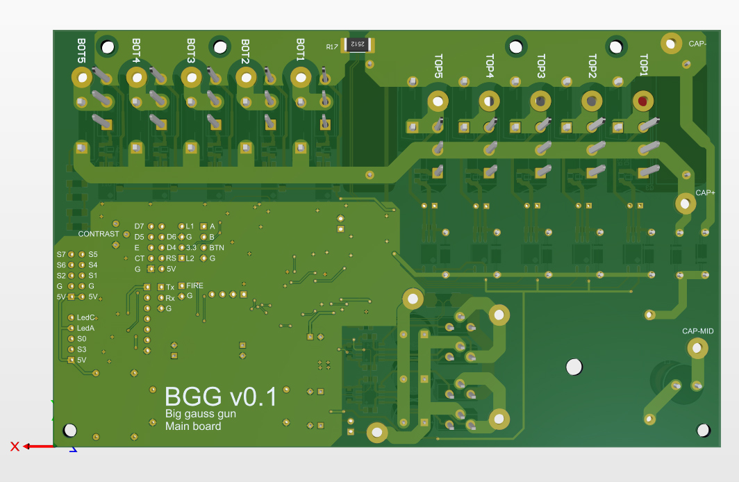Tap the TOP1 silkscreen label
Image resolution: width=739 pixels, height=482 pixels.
[644, 66]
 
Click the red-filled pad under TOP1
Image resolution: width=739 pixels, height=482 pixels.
[642, 102]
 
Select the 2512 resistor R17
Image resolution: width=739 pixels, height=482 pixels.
[356, 44]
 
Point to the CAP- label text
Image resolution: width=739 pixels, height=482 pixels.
[698, 44]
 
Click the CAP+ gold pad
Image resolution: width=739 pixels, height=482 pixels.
[685, 203]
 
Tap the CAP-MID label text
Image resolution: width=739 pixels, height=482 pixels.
[698, 331]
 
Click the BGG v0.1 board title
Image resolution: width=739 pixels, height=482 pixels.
[220, 397]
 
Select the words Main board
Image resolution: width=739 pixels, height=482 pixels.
[192, 426]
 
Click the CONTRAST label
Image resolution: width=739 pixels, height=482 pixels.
[99, 234]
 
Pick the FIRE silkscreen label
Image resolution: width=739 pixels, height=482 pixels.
[195, 285]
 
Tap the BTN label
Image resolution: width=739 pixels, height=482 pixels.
[217, 247]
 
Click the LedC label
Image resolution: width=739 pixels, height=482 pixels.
[85, 317]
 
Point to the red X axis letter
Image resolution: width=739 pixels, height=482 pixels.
[15, 447]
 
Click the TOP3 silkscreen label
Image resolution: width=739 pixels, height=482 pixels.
[541, 66]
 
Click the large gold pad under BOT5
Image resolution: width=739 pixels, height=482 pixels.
[82, 78]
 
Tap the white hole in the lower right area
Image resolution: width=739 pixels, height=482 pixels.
[574, 367]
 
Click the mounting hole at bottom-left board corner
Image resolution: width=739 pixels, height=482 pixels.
[70, 430]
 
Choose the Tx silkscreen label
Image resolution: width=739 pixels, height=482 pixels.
[170, 287]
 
